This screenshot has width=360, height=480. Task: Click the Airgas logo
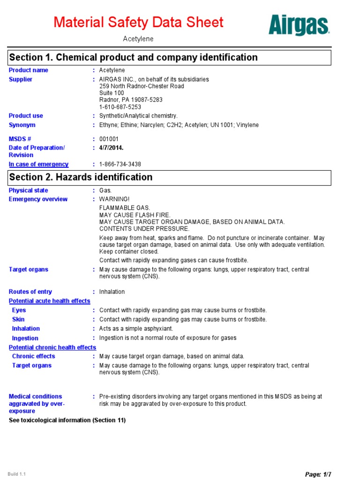(299, 25)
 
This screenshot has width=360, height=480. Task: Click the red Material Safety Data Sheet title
(138, 22)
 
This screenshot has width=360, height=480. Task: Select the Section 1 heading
(134, 58)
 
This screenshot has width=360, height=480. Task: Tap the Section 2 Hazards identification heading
(81, 177)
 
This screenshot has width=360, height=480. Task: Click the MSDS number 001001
(109, 139)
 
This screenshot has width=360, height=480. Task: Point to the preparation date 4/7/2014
(111, 148)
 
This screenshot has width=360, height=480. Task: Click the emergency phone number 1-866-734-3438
(120, 165)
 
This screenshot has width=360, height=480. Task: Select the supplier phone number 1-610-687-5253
(120, 107)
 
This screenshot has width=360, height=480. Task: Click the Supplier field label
(21, 79)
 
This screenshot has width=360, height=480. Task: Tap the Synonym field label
(22, 125)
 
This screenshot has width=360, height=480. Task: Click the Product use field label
(26, 116)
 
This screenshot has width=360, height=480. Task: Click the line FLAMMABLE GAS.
(125, 208)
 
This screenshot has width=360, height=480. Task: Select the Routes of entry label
(30, 292)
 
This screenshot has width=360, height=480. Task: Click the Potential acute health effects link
(50, 301)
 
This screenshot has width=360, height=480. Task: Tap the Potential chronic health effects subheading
(52, 347)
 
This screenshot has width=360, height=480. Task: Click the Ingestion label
(25, 338)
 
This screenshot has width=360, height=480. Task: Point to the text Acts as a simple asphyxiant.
(136, 329)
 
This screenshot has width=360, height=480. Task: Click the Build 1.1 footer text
(16, 474)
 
